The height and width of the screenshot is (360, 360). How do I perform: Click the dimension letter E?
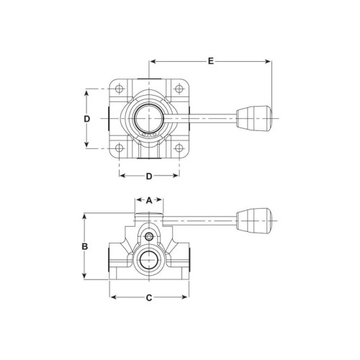point(210,61)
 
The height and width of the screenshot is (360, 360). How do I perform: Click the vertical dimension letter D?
point(87,119)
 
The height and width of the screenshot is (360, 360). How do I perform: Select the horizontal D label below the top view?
point(149,176)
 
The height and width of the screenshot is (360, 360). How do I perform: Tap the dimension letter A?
point(149,200)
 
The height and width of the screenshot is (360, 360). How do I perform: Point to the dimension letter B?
point(85,246)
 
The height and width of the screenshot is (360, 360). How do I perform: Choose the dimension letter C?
point(149,298)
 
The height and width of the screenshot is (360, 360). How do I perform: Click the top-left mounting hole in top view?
point(119,89)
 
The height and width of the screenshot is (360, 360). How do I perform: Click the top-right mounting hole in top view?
point(179,89)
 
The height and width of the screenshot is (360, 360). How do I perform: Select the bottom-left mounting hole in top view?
point(119,148)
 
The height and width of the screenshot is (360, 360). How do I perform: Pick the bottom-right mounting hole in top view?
point(179,148)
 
